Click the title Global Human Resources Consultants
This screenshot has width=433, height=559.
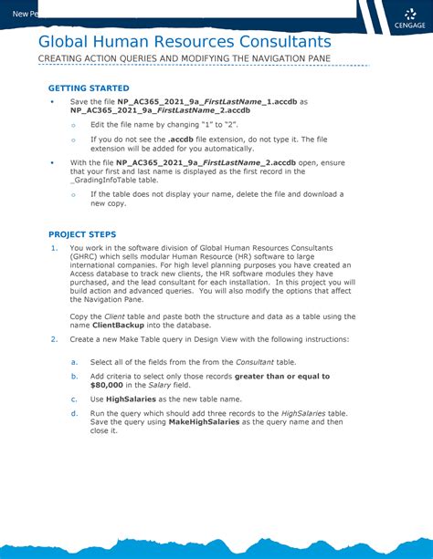185,43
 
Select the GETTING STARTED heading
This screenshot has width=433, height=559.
88,88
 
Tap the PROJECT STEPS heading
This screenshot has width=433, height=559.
82,234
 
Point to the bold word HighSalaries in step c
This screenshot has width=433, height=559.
135,399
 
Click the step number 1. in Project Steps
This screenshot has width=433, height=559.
55,248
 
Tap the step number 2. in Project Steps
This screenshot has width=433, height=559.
55,340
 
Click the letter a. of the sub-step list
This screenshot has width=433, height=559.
74,362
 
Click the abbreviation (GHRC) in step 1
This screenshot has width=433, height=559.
88,257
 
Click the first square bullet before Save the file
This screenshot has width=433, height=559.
52,101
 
